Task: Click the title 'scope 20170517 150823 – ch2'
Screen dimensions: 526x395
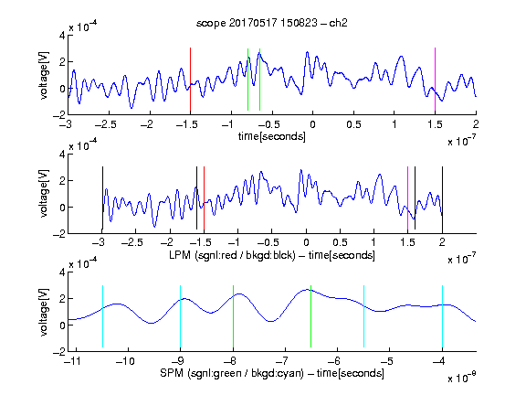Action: click(272, 23)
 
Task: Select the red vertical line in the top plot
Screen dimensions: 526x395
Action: click(190, 80)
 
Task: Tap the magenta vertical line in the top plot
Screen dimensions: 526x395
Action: click(435, 80)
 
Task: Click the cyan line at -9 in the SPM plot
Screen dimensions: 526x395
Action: click(181, 316)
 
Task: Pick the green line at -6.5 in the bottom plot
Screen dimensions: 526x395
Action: click(311, 316)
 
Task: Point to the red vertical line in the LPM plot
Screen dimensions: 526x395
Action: click(204, 197)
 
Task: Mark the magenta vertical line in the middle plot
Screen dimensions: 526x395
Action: click(407, 197)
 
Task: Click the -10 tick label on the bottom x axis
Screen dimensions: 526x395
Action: click(125, 361)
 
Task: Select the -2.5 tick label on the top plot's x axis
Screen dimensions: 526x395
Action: click(106, 124)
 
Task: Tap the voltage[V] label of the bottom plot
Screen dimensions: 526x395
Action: click(44, 312)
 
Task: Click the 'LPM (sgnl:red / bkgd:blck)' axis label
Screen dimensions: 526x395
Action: click(232, 255)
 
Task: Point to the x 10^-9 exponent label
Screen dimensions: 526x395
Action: click(462, 378)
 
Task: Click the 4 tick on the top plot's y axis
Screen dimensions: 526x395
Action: click(62, 36)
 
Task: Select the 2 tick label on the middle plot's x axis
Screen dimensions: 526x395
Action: click(442, 242)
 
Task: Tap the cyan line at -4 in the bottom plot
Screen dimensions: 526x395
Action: click(443, 316)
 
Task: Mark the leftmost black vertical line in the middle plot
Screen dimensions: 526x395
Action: click(102, 197)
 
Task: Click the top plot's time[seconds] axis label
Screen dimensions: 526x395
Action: click(272, 137)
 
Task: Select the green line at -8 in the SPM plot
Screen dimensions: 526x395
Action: click(233, 316)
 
